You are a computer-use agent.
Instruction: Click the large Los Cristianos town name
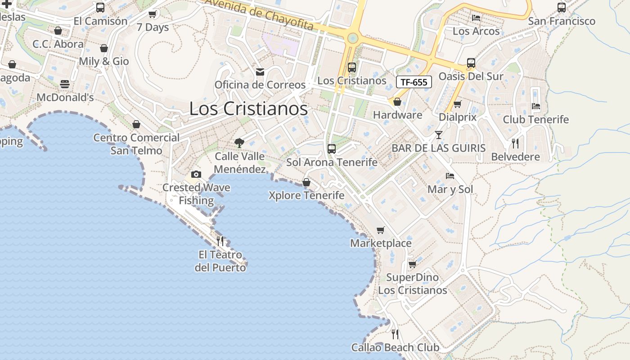(248, 109)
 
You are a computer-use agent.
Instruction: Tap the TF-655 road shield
(414, 82)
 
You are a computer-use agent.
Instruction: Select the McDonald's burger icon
(65, 84)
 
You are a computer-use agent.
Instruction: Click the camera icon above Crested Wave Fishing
(196, 174)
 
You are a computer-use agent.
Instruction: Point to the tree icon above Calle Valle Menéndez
(239, 143)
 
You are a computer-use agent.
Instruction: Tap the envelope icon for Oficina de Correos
(260, 72)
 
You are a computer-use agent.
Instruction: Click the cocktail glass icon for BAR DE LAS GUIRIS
(439, 135)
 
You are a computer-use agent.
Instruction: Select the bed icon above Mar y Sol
(450, 176)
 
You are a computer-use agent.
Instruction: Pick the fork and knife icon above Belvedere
(515, 144)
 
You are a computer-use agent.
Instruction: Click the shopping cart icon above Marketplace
(381, 230)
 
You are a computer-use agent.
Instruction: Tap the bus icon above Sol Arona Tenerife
(332, 148)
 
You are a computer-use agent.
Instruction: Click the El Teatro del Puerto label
(220, 261)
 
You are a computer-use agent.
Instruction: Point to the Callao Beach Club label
(395, 347)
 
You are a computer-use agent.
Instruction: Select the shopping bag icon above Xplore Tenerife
(306, 182)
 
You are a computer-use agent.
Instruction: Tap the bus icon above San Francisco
(562, 8)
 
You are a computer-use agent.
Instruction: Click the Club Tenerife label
(535, 120)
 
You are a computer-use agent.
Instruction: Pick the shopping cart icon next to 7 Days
(153, 14)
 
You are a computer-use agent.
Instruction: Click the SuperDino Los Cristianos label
(413, 283)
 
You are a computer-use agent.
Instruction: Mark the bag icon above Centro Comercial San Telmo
(136, 124)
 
